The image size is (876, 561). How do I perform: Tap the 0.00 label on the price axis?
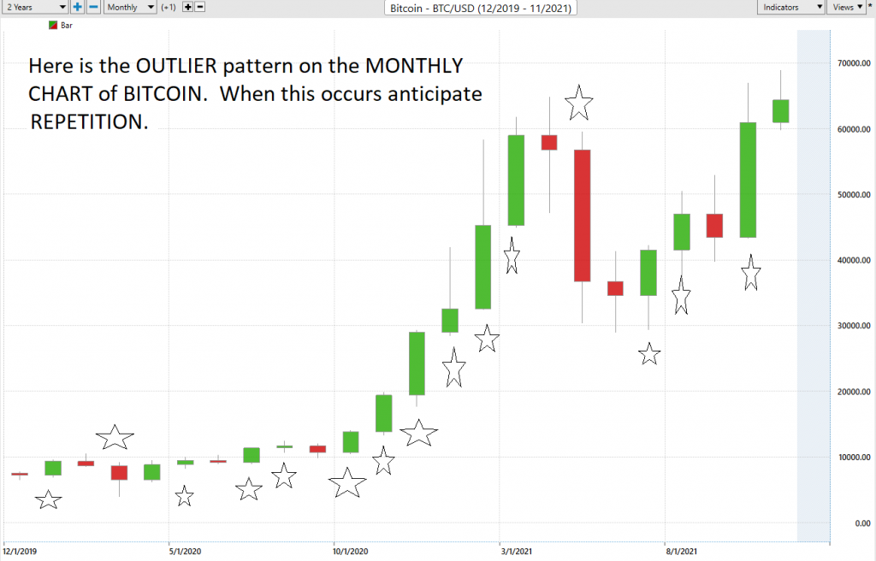tap(858, 523)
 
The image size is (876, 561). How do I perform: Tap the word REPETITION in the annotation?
tap(89, 122)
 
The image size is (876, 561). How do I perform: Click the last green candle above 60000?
tap(780, 111)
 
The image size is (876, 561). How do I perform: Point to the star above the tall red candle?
tap(579, 103)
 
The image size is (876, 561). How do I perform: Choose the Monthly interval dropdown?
tap(129, 7)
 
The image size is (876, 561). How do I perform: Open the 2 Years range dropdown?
tap(34, 7)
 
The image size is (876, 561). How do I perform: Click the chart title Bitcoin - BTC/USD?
tap(480, 8)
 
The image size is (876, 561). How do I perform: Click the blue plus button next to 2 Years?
tap(77, 7)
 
